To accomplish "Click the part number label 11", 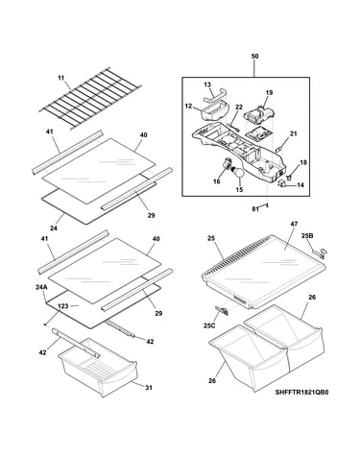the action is [x=61, y=78].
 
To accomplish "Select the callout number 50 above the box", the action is [x=254, y=57].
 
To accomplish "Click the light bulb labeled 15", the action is [x=239, y=173].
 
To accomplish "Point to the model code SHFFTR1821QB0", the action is [x=301, y=392].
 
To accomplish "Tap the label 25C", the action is [x=209, y=325].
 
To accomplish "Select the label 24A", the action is [x=41, y=287].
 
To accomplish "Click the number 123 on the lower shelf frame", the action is [x=63, y=306].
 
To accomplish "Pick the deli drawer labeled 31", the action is [x=98, y=367].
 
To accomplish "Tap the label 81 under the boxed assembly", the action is [x=255, y=209].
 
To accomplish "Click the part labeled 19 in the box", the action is [x=260, y=117].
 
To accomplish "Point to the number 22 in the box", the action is [x=239, y=108].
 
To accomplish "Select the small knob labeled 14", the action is [x=281, y=183].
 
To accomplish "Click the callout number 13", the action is [x=207, y=84].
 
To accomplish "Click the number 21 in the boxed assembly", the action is [x=294, y=133].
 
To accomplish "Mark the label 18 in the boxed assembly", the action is [x=303, y=162].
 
